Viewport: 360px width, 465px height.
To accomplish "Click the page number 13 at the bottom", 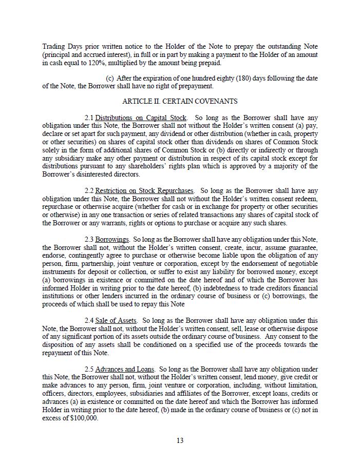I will pyautogui.click(x=180, y=440).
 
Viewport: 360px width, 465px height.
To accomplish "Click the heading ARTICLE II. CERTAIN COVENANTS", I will pyautogui.click(x=180, y=101).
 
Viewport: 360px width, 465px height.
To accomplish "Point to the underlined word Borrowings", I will pyautogui.click(x=112, y=239).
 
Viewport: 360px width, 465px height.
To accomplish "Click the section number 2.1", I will pyautogui.click(x=89, y=118).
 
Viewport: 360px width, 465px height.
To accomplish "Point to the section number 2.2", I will pyautogui.click(x=89, y=190).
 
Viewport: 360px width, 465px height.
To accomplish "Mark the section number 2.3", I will pyautogui.click(x=89, y=239).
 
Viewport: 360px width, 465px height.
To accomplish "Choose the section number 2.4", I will pyautogui.click(x=89, y=320).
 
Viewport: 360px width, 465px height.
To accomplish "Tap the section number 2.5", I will pyautogui.click(x=89, y=369).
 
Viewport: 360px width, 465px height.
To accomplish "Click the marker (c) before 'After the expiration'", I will pyautogui.click(x=109, y=78).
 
